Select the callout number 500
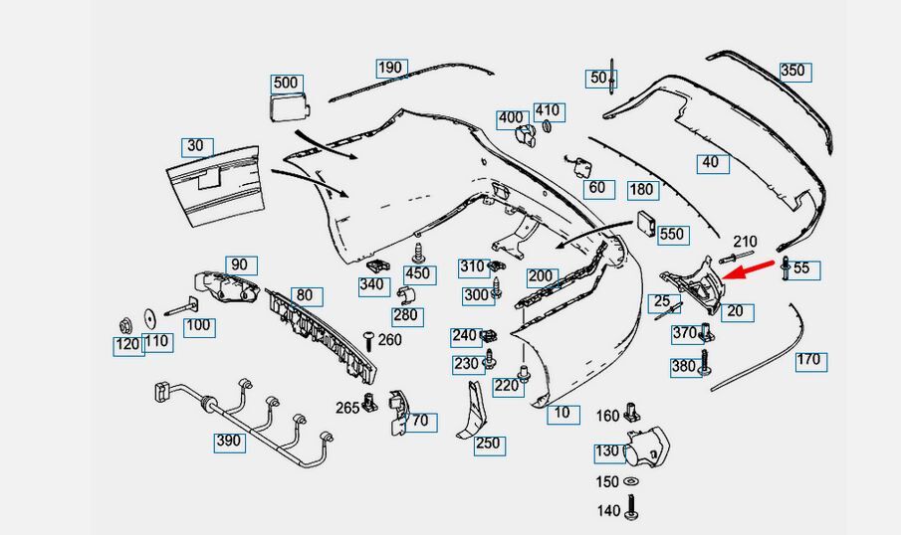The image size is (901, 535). click(x=286, y=83)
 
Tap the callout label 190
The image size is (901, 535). click(x=390, y=68)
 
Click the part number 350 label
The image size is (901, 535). click(x=792, y=72)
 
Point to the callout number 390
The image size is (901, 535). click(x=229, y=441)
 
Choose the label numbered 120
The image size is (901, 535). click(x=126, y=345)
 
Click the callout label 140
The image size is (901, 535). click(x=607, y=511)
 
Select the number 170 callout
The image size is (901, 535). click(x=808, y=359)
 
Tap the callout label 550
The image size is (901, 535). click(x=672, y=235)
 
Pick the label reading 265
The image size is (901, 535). click(x=347, y=408)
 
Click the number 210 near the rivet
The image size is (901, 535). click(x=745, y=242)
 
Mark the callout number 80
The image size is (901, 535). click(x=304, y=295)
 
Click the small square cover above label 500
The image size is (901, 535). click(x=288, y=106)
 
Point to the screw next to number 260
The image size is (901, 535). click(x=368, y=341)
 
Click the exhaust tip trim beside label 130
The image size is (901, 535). click(x=648, y=449)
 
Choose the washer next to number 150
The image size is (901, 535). click(x=631, y=482)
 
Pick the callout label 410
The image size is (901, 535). click(x=548, y=110)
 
